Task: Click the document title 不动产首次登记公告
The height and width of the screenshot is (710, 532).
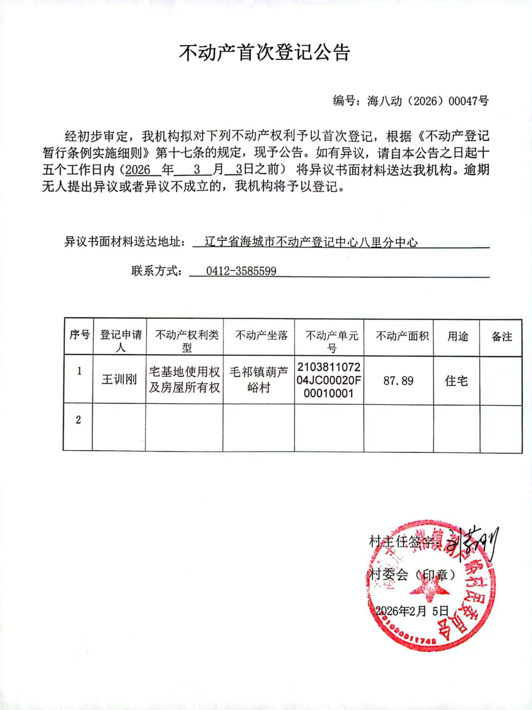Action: [x=265, y=53]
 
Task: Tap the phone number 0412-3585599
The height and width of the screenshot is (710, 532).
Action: [x=241, y=271]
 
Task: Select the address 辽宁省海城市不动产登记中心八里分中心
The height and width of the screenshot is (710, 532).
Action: [x=311, y=242]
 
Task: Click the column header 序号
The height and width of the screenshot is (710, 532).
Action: [x=79, y=335]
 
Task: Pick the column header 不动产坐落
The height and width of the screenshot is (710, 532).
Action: [x=261, y=335]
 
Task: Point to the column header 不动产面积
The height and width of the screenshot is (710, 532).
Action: [x=402, y=336]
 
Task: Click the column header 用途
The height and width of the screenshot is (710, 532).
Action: [x=458, y=336]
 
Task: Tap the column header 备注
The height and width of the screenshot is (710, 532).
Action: [x=502, y=336]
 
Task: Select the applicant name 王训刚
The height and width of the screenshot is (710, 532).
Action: [x=119, y=379]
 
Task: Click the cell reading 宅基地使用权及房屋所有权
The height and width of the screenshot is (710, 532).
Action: [x=184, y=379]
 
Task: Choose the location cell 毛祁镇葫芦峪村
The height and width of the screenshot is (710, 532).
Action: [x=259, y=380]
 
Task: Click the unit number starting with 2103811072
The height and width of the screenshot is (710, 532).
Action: [x=329, y=380]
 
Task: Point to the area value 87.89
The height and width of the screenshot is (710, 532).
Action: [x=398, y=381]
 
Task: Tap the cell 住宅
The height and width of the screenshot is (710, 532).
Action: [x=456, y=381]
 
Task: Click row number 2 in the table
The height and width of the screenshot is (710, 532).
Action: [x=78, y=420]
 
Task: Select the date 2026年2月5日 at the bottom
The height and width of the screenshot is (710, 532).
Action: [x=412, y=611]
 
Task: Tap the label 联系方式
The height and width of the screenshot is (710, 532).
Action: [x=156, y=271]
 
